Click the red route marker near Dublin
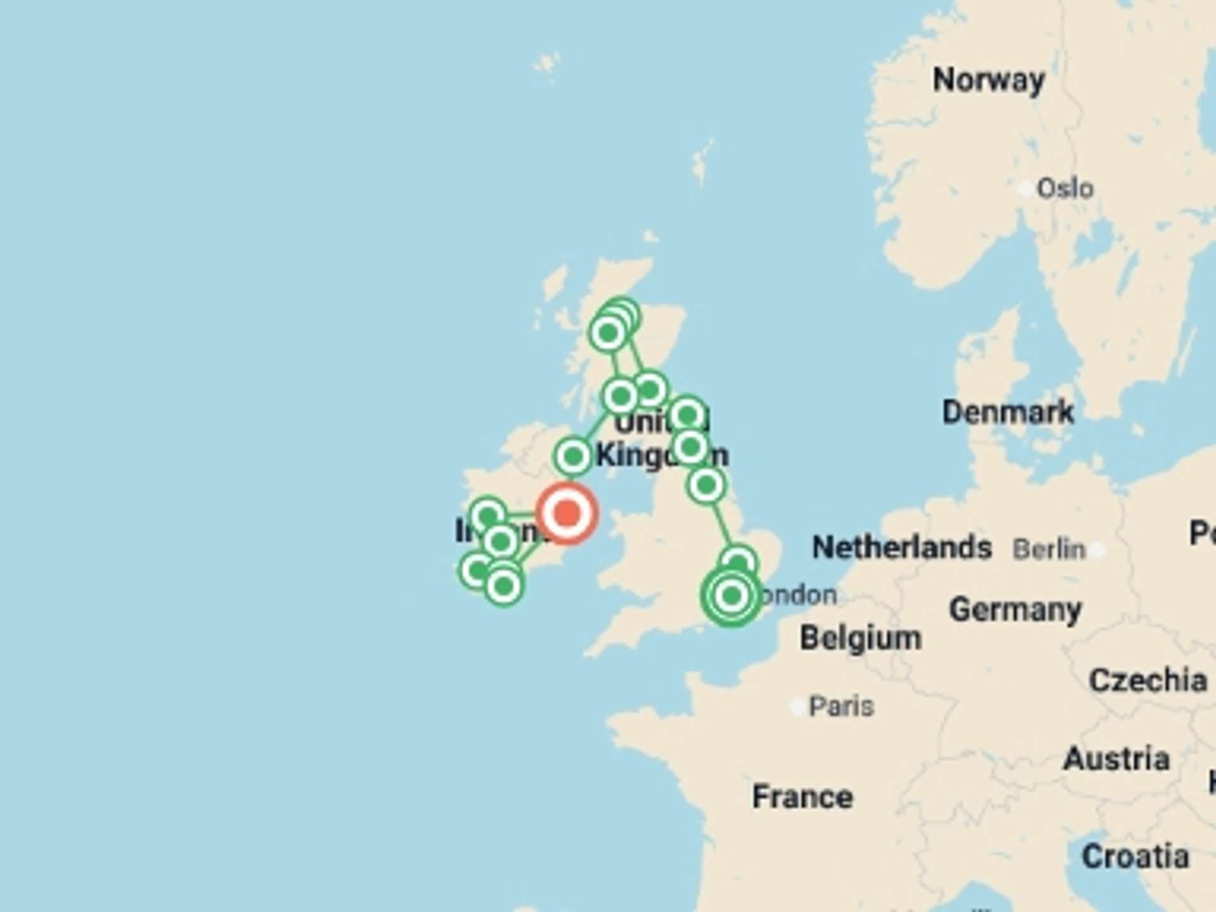coord(567,513)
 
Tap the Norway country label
coord(989,80)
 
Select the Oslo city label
coord(1065,189)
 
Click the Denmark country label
coord(1008,412)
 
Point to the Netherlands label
coord(902,548)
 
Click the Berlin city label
coord(1049,549)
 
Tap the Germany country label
coord(1015,610)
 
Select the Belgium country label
coord(861,638)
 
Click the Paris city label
coord(841,706)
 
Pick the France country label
coord(802,797)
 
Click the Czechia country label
coord(1148,681)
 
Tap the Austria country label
coord(1117,759)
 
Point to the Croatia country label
coord(1135,857)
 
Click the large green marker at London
coord(731,595)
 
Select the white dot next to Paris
coord(797,706)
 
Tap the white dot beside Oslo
coord(1025,189)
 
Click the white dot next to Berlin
coord(1098,550)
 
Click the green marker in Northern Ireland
coord(573,456)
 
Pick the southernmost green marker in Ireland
coord(503,586)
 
